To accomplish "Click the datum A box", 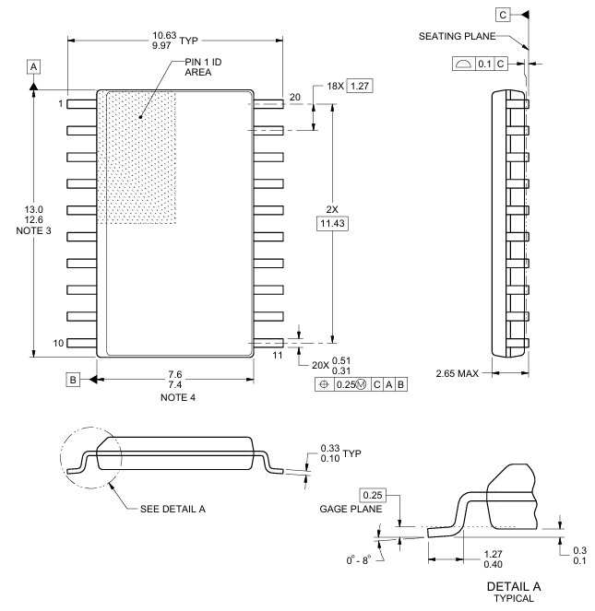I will (x=33, y=67).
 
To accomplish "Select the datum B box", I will (x=71, y=379).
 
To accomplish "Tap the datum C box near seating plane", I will (x=503, y=15).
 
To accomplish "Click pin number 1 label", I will (x=60, y=103).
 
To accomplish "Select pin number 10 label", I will (x=57, y=343).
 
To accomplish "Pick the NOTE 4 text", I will (x=174, y=398).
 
